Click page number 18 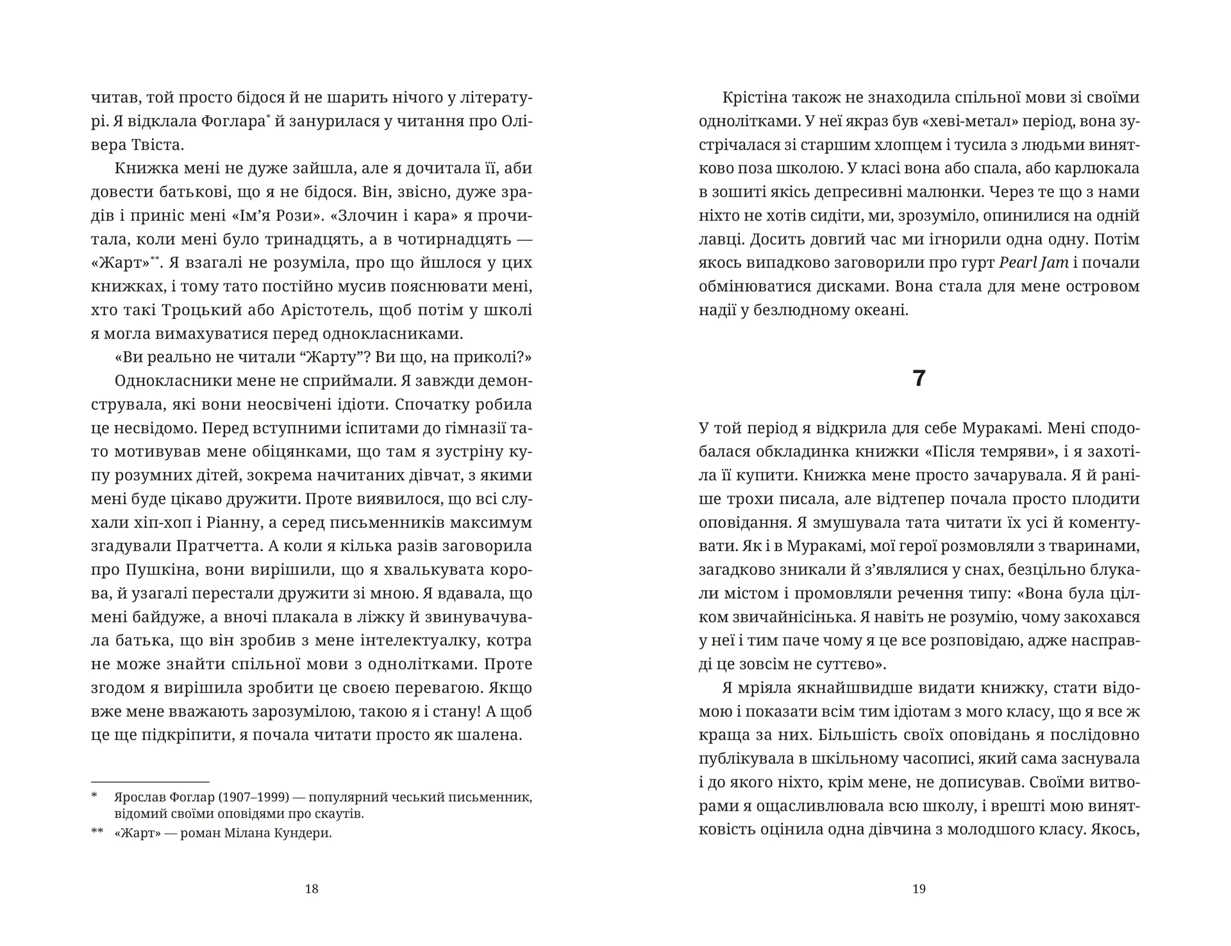pos(312,889)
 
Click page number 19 pos(919,889)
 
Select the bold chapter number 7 pos(919,379)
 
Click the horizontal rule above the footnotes pos(150,782)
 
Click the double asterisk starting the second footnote pos(97,833)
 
